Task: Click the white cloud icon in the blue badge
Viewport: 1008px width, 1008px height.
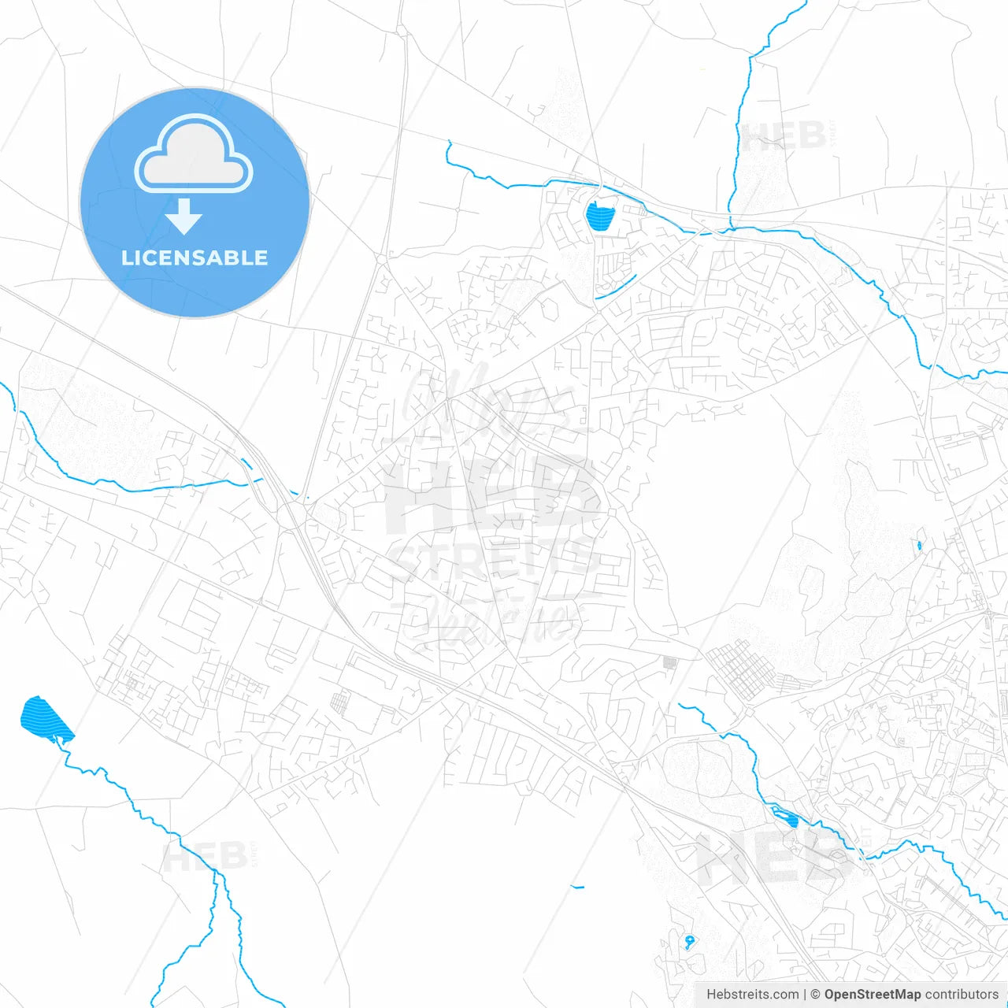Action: point(194,154)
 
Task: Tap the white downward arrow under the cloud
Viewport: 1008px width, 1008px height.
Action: point(184,216)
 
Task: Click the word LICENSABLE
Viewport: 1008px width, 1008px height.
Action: point(195,258)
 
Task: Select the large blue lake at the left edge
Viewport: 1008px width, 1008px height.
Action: point(45,719)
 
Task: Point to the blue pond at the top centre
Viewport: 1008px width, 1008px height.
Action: point(599,216)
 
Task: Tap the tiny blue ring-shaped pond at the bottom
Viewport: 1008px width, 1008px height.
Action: point(690,940)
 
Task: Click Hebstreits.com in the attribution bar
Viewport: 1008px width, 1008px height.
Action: point(753,995)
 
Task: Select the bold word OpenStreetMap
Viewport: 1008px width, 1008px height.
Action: point(873,995)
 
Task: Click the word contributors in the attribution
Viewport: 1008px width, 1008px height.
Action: point(962,995)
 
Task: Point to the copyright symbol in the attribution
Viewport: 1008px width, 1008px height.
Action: point(816,995)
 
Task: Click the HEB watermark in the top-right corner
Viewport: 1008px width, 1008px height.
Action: point(784,136)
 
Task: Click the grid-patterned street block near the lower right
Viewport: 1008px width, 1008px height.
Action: point(737,670)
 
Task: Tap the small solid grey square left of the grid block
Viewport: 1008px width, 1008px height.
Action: point(670,663)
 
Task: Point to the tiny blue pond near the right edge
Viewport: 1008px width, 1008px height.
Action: point(919,545)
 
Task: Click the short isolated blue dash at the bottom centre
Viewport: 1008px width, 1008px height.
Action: point(578,888)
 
